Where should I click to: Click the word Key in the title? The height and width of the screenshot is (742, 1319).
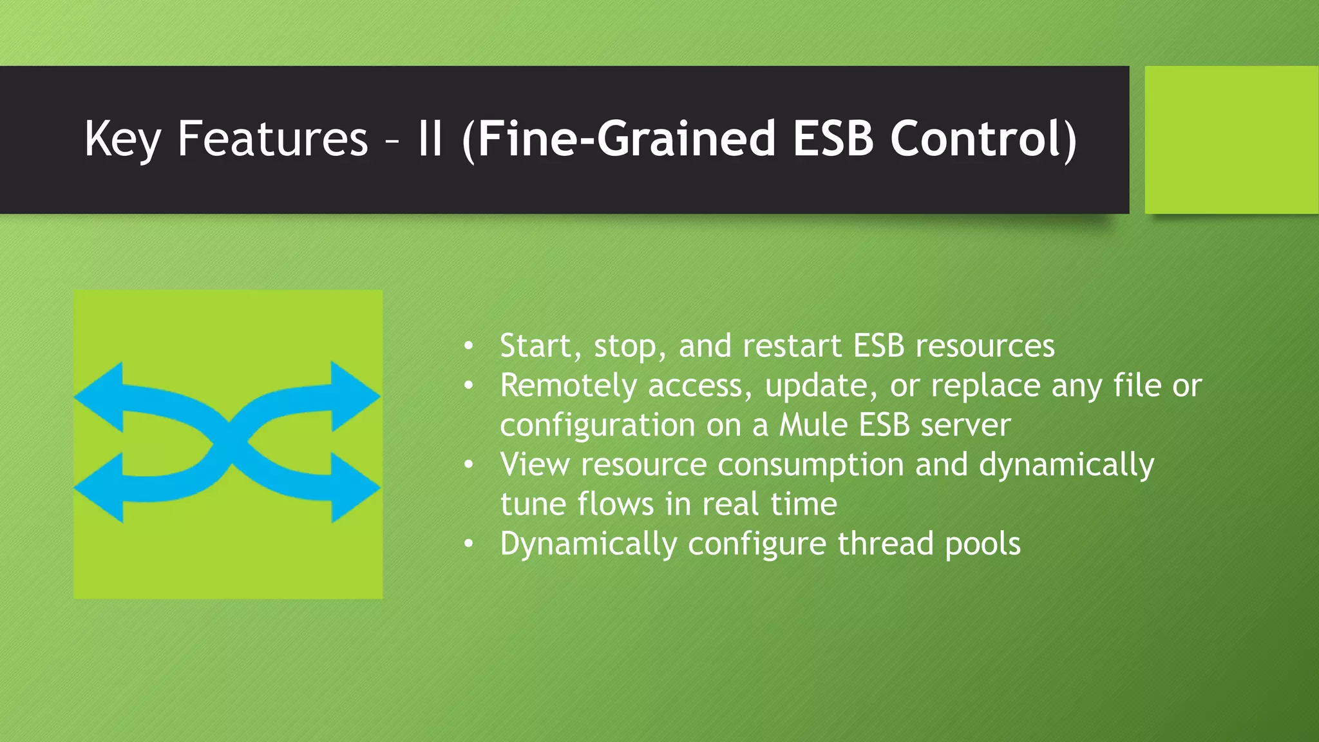click(122, 139)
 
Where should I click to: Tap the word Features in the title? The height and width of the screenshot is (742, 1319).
click(272, 139)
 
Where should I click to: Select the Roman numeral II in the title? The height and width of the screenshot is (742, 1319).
click(430, 139)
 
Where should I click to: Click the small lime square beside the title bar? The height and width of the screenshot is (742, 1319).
click(1231, 139)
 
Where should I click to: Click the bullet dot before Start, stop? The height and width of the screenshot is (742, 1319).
click(469, 347)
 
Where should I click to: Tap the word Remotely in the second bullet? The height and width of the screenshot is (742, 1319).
click(568, 386)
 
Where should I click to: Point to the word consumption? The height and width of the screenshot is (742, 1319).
click(811, 465)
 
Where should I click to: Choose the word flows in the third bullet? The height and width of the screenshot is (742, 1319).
click(615, 504)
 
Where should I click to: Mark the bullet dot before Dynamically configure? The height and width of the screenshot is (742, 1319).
click(469, 544)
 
